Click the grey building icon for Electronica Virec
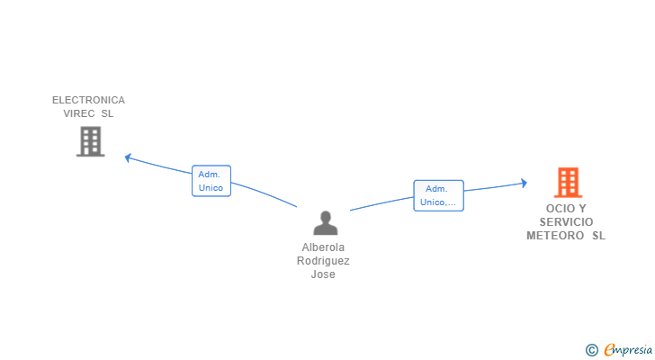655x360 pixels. click(90, 141)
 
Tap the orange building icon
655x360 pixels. click(568, 183)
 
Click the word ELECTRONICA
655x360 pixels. click(88, 100)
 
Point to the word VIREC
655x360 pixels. click(78, 113)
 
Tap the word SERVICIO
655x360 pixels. click(566, 221)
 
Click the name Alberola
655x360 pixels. click(324, 247)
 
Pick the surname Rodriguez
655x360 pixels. click(324, 261)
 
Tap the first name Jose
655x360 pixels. click(324, 274)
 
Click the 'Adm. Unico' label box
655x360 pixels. click(211, 181)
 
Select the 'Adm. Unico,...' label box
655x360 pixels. click(438, 195)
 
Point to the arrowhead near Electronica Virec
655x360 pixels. click(128, 157)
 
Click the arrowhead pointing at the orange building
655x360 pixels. click(524, 184)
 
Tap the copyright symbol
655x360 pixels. click(591, 350)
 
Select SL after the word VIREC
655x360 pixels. click(108, 113)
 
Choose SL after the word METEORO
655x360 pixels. click(598, 236)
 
